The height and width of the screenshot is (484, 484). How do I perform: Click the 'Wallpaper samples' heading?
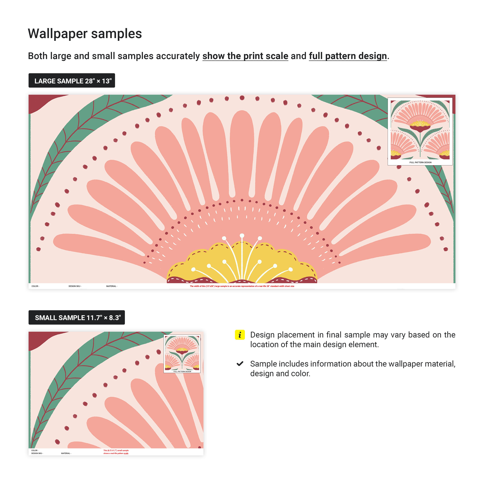(85, 34)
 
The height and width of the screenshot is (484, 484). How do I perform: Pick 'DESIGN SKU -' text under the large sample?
(75, 286)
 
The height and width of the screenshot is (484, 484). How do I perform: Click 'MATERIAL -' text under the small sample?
(66, 453)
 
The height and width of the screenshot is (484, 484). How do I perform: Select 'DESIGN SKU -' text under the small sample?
(37, 453)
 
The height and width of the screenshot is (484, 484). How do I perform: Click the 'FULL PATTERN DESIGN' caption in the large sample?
(420, 162)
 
